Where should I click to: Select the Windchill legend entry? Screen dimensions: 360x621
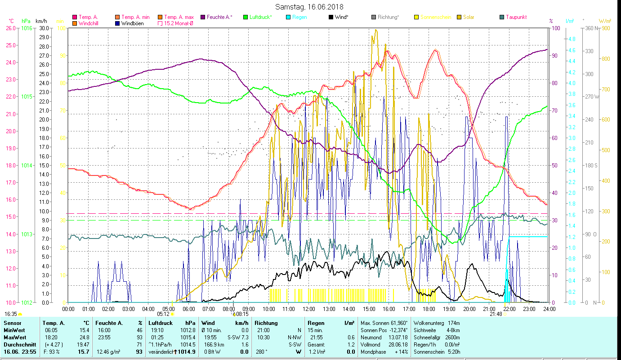pyautogui.click(x=89, y=23)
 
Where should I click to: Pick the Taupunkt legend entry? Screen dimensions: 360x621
pyautogui.click(x=516, y=17)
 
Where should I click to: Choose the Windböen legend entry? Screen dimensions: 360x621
pyautogui.click(x=132, y=23)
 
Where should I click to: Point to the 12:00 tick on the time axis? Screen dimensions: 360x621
pyautogui.click(x=309, y=309)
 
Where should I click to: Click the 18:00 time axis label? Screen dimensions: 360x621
pyautogui.click(x=429, y=309)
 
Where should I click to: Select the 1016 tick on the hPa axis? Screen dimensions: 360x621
pyautogui.click(x=27, y=28)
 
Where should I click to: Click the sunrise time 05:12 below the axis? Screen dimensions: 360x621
pyautogui.click(x=164, y=314)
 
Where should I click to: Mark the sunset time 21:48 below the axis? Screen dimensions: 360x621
pyautogui.click(x=496, y=314)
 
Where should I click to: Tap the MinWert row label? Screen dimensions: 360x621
pyautogui.click(x=14, y=330)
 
